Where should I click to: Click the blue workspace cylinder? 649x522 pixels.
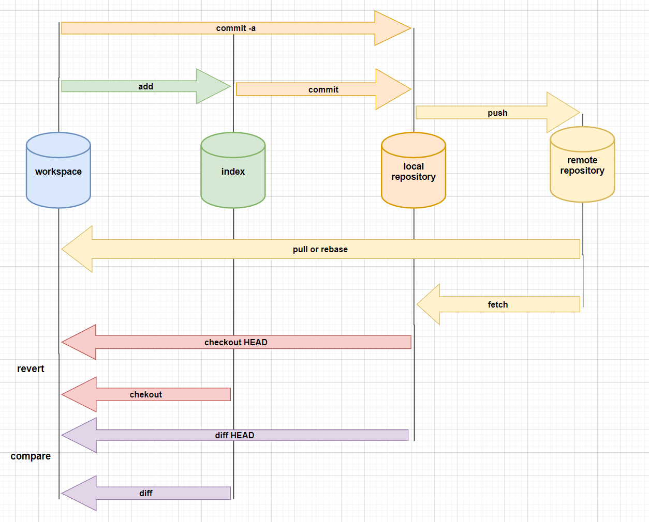coord(58,170)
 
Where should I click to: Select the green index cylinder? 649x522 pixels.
coord(233,170)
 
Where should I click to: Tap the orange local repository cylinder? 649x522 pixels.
coord(414,170)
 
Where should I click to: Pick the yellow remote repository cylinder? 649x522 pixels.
coord(582,164)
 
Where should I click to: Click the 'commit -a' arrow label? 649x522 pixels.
coord(236,28)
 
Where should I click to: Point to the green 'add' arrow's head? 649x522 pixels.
coord(214,86)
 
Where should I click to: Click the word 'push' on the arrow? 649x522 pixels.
coord(497,113)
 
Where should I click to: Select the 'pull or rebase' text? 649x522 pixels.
coord(320,250)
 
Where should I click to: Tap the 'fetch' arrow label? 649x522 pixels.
coord(498,304)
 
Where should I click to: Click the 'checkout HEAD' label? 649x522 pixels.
coord(236,342)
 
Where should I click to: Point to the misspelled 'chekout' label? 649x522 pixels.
coord(145,394)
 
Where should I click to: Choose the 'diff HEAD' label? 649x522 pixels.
coord(234,435)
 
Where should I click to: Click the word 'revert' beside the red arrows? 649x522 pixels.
coord(31,369)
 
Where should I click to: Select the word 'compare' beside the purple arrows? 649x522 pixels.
coord(31,456)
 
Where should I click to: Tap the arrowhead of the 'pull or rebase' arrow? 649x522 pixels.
coord(77,249)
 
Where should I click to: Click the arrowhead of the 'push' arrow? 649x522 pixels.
coord(564,112)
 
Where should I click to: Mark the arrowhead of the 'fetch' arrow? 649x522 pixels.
coord(428,304)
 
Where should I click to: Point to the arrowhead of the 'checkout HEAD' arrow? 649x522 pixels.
coord(79,342)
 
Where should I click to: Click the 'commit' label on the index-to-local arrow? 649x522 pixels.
coord(323,90)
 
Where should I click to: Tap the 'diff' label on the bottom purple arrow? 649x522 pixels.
coord(145,494)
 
